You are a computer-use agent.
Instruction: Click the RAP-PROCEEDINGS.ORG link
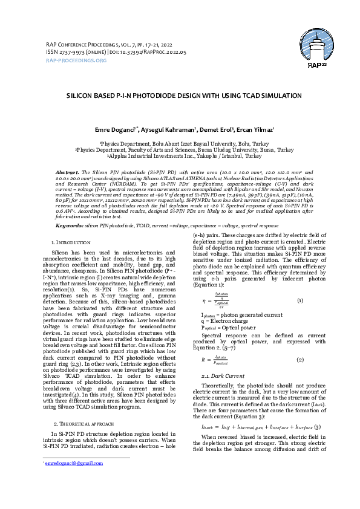click(76, 60)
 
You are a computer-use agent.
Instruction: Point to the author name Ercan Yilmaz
click(257, 129)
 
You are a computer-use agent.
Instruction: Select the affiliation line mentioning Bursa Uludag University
click(183, 149)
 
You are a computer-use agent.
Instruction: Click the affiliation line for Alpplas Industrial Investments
click(183, 155)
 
